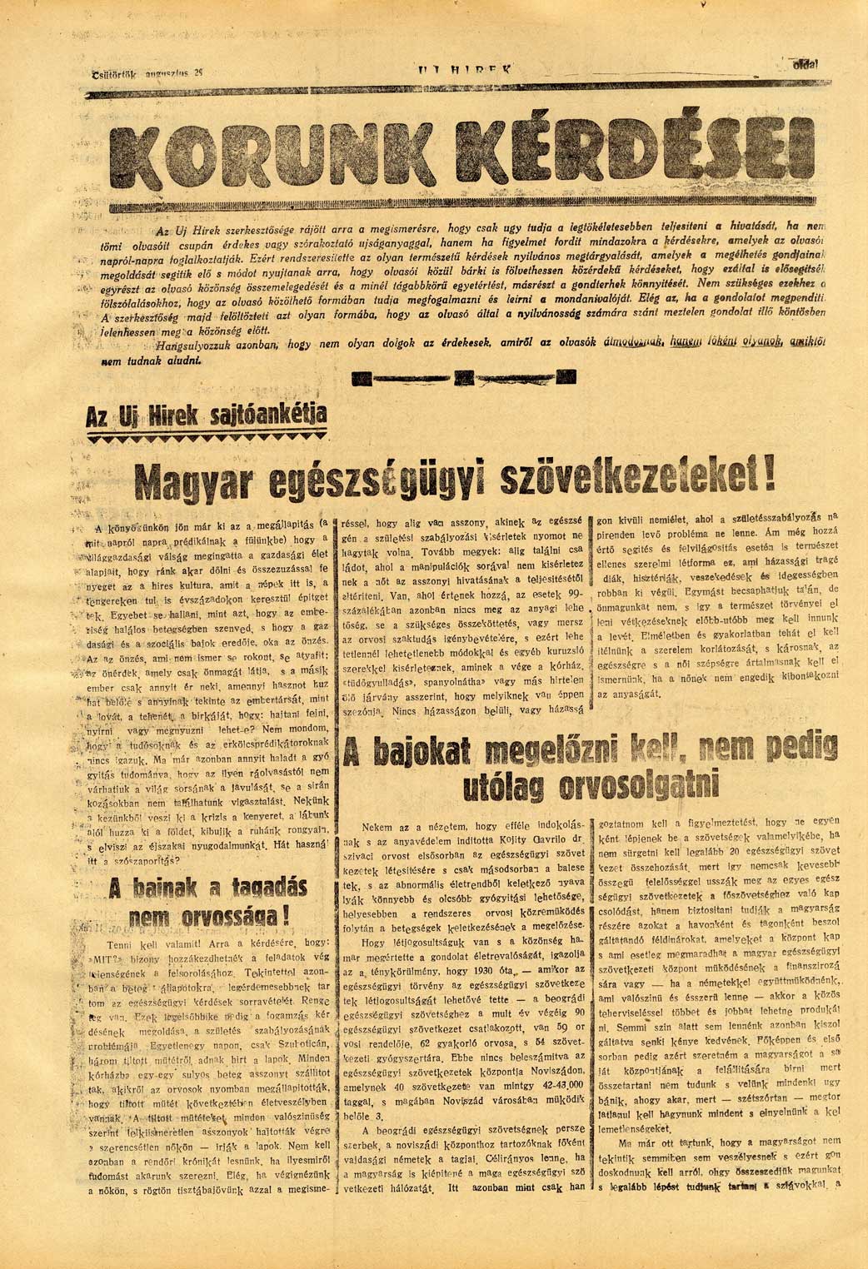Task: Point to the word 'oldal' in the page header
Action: pos(806,63)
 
